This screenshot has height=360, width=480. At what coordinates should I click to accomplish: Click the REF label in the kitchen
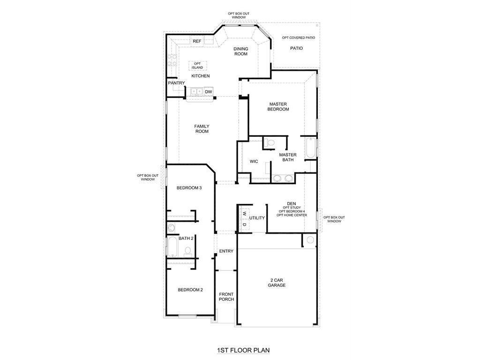point(197,41)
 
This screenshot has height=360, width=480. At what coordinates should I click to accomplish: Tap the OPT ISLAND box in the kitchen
point(197,66)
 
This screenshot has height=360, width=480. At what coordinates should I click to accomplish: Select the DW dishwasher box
point(209,92)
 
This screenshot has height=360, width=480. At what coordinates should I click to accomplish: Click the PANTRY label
point(176,83)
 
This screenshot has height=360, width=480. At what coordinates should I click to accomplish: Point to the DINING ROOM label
point(240,51)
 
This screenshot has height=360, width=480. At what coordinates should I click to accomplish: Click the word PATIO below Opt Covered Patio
point(296,48)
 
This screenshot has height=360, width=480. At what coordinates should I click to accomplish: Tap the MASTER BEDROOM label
point(278,106)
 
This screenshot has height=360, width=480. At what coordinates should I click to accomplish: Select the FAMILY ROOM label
point(202,128)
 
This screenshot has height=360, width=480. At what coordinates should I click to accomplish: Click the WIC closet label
point(254,161)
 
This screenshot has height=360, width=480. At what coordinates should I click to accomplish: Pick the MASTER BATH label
point(288,157)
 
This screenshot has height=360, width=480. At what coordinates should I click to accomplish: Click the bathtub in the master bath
point(310,149)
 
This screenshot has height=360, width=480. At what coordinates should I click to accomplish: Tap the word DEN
point(292,203)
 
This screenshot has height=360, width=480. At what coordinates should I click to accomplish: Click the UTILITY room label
point(257,218)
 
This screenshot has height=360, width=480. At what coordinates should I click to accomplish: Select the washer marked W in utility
point(244,213)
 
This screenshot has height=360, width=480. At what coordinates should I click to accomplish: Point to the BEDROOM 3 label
point(189,188)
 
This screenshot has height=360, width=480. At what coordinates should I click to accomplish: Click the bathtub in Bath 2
point(172,246)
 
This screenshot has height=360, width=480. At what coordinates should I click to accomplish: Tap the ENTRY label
point(226,251)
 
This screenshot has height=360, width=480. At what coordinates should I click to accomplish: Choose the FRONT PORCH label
point(226,297)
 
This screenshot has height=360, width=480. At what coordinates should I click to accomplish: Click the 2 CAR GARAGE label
point(277,283)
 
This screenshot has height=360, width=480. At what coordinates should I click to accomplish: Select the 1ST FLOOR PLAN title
point(243,350)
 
